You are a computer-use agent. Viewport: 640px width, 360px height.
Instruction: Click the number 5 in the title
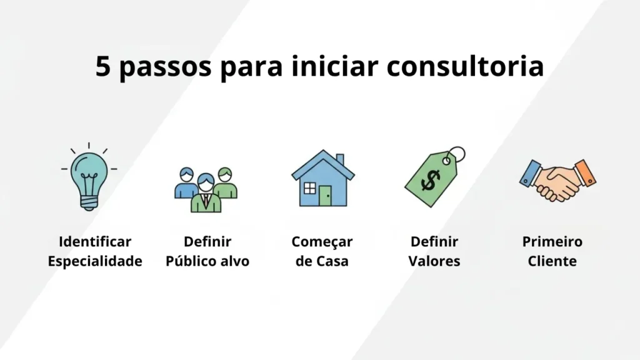coord(104,66)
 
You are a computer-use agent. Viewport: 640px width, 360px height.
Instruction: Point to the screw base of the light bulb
coord(89,201)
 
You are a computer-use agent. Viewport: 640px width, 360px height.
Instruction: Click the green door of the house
coord(325,196)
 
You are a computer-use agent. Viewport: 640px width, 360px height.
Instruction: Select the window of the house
coord(308,188)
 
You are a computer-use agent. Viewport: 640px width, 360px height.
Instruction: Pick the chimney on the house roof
coord(339,159)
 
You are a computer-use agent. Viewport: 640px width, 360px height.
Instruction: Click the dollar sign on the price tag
coord(431,181)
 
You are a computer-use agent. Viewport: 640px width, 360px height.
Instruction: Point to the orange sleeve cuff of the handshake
coord(585,172)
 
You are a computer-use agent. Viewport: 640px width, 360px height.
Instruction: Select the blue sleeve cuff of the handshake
coord(530,173)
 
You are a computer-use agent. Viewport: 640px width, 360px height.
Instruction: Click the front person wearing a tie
coord(206,196)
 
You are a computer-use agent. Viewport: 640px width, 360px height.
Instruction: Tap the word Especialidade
coord(95,261)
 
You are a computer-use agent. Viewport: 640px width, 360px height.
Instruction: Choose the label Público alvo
coord(207,261)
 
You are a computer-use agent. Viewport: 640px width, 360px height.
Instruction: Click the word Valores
coord(434,261)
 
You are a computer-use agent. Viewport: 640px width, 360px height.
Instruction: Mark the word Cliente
coord(552,261)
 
